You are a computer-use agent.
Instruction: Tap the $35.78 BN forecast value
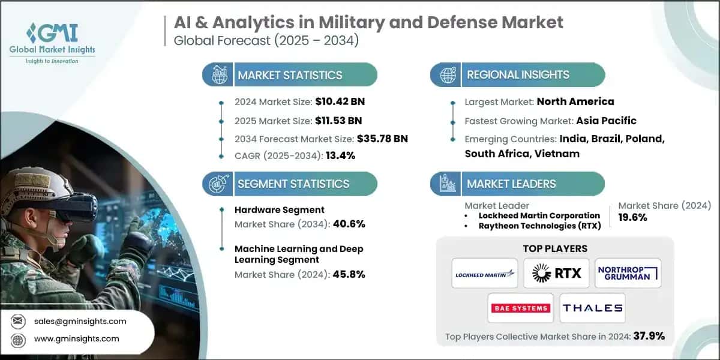pos(382,139)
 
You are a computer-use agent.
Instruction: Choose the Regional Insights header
pos(518,75)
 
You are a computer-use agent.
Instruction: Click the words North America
pos(575,101)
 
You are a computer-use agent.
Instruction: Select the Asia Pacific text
pos(606,120)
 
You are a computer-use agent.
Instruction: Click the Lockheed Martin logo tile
pos(485,274)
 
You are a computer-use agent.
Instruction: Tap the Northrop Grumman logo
pos(628,274)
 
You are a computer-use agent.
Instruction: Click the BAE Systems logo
pos(520,308)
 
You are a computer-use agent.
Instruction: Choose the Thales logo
pos(592,308)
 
